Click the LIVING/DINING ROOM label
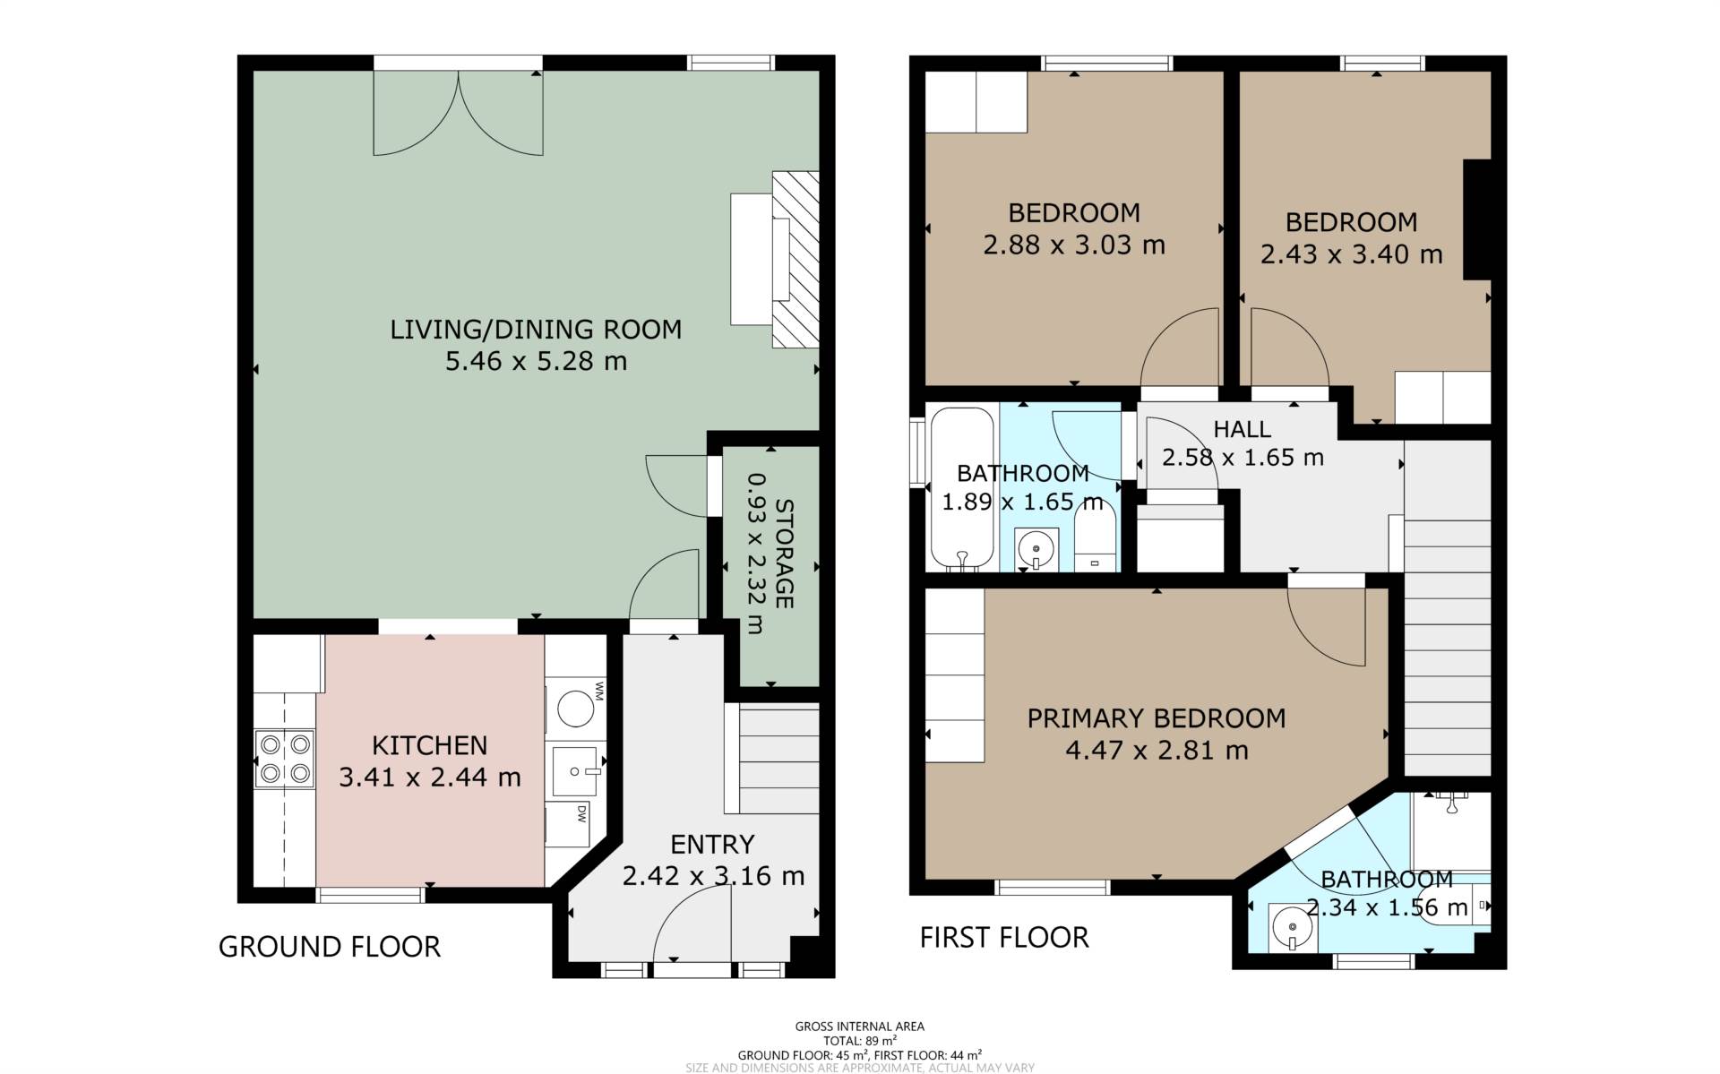(x=536, y=330)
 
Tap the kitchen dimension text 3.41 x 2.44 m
(x=430, y=777)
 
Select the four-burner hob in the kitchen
(x=285, y=758)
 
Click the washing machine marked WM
(x=576, y=708)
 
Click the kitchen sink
(x=574, y=771)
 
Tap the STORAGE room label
(x=783, y=554)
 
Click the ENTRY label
(x=712, y=845)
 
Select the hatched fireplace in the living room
(x=795, y=259)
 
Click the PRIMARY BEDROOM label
(x=1156, y=718)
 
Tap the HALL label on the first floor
(x=1242, y=430)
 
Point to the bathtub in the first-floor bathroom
(x=963, y=489)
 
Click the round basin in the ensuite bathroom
(x=1293, y=926)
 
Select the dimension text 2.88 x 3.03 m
(x=1074, y=245)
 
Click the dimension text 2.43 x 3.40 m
(x=1351, y=253)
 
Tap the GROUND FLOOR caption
(x=330, y=947)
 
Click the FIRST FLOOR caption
(x=1004, y=938)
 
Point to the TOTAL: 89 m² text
(x=860, y=1041)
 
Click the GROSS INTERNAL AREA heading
(x=860, y=1027)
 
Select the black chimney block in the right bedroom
(x=1477, y=219)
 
